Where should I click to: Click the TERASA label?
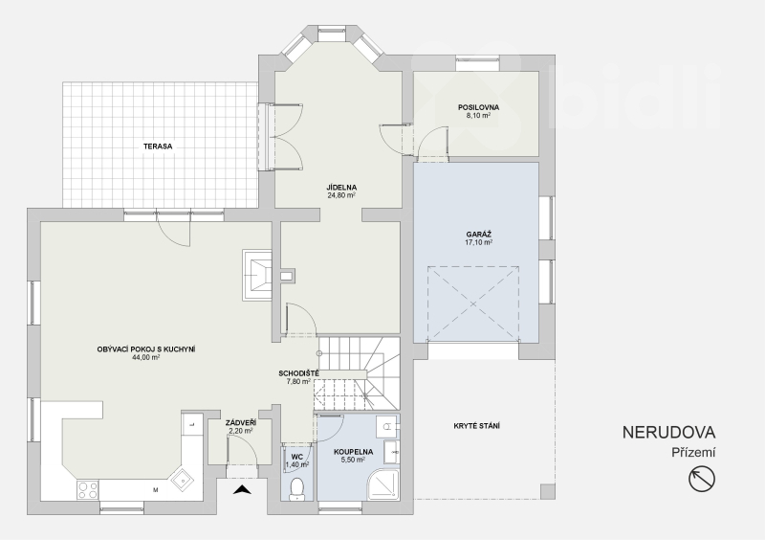click(158, 146)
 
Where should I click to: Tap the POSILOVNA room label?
click(478, 107)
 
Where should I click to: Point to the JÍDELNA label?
click(341, 187)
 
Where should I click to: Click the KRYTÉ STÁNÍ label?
click(476, 426)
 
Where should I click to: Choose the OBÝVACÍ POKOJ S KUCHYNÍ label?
click(146, 349)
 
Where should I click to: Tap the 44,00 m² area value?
click(146, 357)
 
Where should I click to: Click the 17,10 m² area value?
click(478, 242)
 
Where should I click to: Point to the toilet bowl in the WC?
click(296, 487)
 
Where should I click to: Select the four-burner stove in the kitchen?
click(88, 490)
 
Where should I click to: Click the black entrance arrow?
click(242, 489)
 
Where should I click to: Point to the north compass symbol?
click(702, 479)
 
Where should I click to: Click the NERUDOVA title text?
click(668, 433)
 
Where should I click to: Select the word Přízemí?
click(693, 453)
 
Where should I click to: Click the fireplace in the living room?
click(257, 275)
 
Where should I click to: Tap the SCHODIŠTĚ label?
click(298, 373)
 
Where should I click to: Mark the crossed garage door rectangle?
click(473, 304)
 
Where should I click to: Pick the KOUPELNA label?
click(353, 452)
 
